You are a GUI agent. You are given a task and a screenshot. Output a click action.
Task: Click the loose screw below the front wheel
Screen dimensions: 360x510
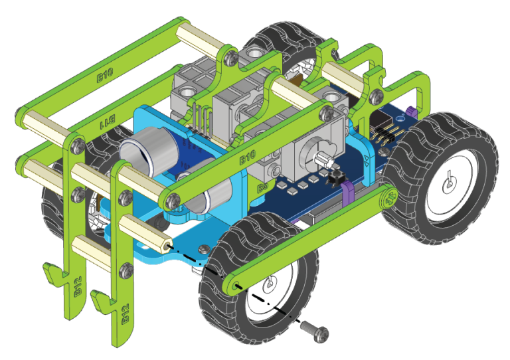311,329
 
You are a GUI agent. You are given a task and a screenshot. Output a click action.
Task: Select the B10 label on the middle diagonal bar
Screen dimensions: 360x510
247,159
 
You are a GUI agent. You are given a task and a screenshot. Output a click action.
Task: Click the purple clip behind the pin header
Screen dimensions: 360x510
410,112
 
